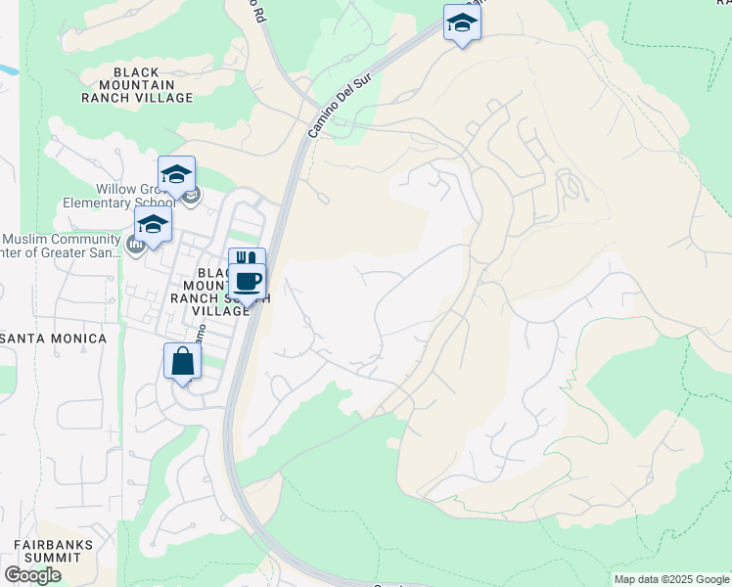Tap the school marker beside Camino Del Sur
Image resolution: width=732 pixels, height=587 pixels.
click(462, 23)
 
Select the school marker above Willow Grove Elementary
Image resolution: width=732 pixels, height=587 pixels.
click(176, 175)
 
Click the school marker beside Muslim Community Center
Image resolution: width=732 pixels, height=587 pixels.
click(153, 224)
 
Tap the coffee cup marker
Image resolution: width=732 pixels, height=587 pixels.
click(249, 283)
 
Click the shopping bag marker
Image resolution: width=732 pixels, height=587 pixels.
click(183, 362)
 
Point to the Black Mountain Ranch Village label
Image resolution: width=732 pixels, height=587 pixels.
click(153, 85)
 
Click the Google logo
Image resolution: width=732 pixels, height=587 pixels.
click(32, 575)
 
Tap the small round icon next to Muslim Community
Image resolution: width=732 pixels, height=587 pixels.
click(135, 243)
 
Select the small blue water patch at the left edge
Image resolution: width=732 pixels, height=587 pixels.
click(8, 70)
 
